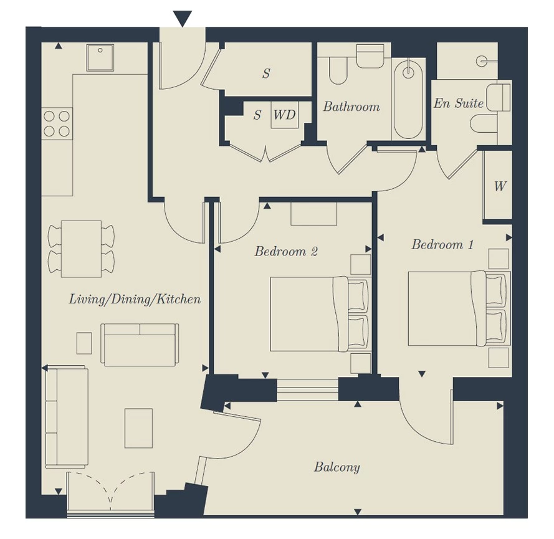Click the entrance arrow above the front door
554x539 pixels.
coord(183,18)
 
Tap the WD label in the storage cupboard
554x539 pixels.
coord(284,115)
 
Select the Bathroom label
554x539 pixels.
coord(351,107)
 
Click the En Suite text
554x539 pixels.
coord(458,103)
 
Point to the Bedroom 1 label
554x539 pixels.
coord(442,244)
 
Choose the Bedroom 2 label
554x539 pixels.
coord(286,251)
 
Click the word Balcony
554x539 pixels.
coord(337,467)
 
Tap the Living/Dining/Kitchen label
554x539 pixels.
coord(135,299)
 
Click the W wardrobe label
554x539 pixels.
coord(500,186)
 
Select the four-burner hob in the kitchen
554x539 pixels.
coord(57,123)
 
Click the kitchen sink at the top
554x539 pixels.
coord(100,57)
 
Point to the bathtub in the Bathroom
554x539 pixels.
coord(408,100)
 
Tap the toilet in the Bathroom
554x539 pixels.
coord(338,70)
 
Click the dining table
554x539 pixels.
coord(81,249)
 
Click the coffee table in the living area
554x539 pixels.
coord(138,428)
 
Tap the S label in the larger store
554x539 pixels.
coord(266,73)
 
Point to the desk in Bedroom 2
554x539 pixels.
coord(313,214)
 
